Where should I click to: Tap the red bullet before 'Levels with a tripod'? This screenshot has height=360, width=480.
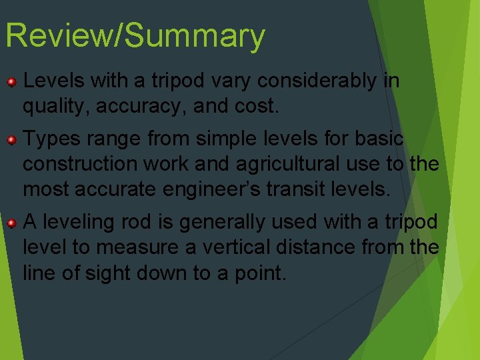click(11, 82)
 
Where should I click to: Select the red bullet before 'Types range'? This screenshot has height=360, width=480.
click(11, 140)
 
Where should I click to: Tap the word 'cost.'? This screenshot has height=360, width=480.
click(261, 106)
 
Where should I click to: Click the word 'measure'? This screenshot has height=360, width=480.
click(137, 247)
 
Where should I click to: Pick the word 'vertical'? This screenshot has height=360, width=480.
click(235, 247)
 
